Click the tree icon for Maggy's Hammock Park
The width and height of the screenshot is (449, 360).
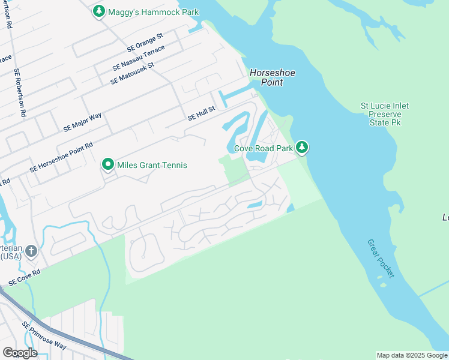tap(99, 11)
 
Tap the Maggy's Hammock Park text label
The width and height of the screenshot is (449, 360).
tap(145, 11)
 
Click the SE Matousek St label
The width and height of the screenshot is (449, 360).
tap(132, 73)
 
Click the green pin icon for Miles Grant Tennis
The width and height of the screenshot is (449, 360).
tap(108, 164)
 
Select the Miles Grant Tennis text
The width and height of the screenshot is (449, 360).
tap(152, 165)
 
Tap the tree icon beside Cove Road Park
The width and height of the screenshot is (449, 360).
tap(302, 147)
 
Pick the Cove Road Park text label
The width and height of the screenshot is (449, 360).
tap(263, 148)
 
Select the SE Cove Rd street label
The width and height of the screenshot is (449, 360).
tap(25, 277)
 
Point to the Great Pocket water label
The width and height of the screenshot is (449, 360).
tap(381, 258)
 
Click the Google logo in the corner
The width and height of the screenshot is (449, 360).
tap(20, 353)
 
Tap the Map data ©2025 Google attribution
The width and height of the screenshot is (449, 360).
tap(412, 355)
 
